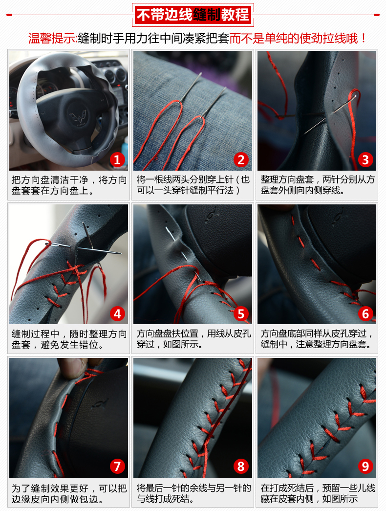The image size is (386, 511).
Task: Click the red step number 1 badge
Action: click(x=117, y=159)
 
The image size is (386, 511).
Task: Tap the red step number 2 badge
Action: click(x=241, y=159)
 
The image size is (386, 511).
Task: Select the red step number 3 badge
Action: click(x=365, y=159)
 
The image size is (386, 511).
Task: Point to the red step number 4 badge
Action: click(x=117, y=313)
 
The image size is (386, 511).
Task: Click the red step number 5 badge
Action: click(x=241, y=313)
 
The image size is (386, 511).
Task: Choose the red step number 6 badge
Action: click(x=365, y=313)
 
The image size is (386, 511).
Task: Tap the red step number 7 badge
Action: click(x=117, y=467)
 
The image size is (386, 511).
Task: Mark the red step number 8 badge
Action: click(x=241, y=467)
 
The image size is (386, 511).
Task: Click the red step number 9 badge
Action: click(x=365, y=467)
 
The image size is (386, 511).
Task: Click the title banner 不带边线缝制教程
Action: click(x=193, y=15)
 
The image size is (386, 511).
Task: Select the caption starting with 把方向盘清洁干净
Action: click(x=69, y=185)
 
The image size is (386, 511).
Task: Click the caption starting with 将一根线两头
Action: click(x=193, y=185)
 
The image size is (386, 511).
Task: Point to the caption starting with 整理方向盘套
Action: click(x=317, y=185)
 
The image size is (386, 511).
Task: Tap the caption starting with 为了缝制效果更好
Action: click(x=69, y=493)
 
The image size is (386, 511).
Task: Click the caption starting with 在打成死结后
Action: click(x=317, y=493)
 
